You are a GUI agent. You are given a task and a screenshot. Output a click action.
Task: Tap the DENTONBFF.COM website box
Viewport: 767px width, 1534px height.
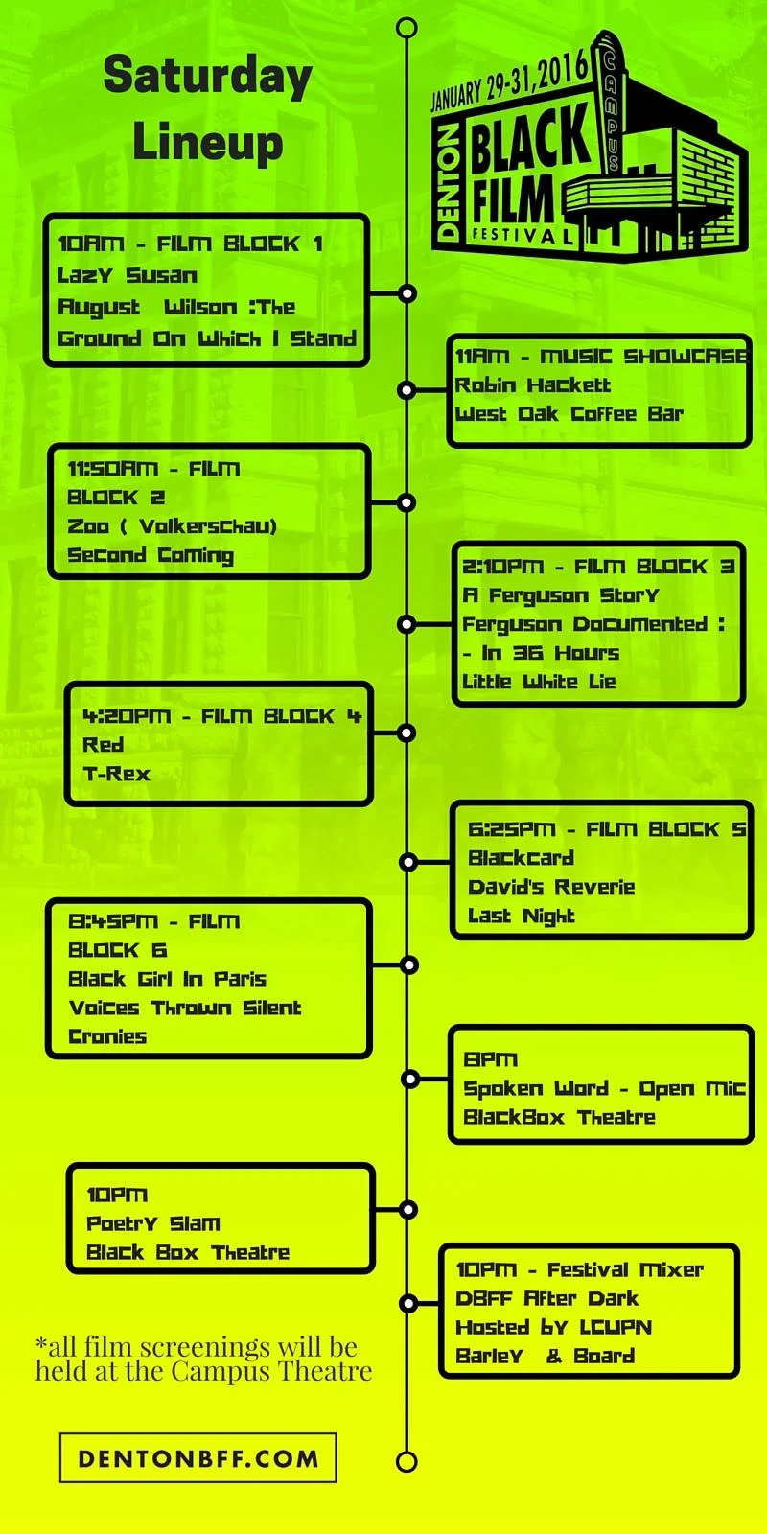click(198, 1458)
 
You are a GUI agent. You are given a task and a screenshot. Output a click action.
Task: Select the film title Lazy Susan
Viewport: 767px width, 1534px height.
click(128, 276)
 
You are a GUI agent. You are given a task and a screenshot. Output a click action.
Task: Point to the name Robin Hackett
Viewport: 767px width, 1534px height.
click(532, 385)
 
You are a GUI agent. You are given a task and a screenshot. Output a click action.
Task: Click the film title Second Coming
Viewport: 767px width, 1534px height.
click(151, 555)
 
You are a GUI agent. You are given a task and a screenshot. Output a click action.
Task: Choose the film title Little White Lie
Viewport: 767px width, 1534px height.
click(539, 682)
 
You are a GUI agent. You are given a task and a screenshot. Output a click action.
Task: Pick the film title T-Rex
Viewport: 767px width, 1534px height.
click(116, 774)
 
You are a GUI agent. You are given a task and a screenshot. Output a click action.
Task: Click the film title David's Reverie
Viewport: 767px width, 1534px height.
click(551, 887)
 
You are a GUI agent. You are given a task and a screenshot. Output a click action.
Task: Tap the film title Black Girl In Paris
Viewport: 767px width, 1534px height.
click(167, 979)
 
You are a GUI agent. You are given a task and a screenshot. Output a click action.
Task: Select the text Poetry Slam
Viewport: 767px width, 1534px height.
click(153, 1223)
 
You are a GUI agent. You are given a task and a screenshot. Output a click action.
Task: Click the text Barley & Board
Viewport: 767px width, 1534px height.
click(545, 1357)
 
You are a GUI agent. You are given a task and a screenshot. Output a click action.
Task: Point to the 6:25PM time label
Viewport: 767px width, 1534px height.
click(511, 829)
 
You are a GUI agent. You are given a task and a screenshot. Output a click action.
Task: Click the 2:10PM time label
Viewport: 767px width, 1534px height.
click(502, 567)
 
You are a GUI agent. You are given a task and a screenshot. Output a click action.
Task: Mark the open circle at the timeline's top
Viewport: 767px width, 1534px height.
click(407, 27)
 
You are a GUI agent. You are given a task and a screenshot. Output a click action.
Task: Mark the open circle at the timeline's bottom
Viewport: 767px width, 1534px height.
click(407, 1461)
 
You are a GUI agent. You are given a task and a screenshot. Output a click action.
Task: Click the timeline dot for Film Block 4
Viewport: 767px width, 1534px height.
click(407, 733)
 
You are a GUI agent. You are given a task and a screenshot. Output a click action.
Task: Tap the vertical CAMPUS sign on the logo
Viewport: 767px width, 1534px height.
click(610, 110)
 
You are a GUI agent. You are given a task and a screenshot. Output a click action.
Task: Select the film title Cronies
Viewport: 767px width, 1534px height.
click(107, 1036)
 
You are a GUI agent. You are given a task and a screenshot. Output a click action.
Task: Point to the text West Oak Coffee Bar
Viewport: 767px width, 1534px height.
click(569, 414)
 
